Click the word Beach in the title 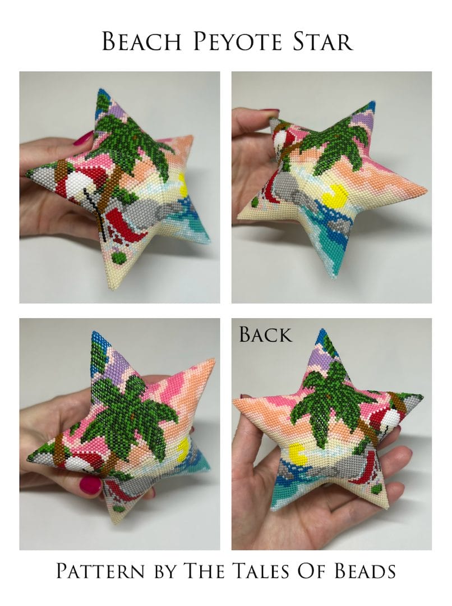coord(141,41)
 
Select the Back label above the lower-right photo coord(265,334)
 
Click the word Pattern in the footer coord(100,571)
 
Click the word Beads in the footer coord(365,571)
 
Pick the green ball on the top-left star coord(116,256)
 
